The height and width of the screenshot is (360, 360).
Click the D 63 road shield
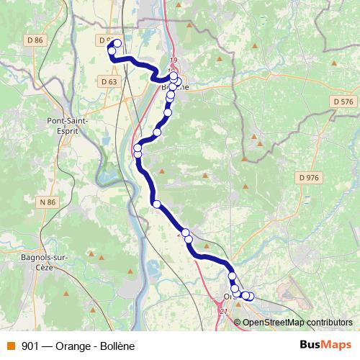[x=109, y=81]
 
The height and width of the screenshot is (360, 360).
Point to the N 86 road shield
[x=48, y=202]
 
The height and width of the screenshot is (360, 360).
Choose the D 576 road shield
[x=344, y=103]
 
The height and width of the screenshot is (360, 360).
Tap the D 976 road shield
[x=307, y=177]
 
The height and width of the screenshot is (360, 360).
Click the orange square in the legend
[x=11, y=346]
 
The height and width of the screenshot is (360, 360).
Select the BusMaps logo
[x=325, y=345]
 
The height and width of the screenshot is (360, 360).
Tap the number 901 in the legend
[x=30, y=346]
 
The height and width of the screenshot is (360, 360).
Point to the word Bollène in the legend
[x=115, y=346]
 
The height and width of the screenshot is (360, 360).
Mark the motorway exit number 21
[x=223, y=311]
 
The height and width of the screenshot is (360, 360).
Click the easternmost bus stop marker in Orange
[x=250, y=296]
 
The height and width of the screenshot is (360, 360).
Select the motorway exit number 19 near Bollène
[x=173, y=60]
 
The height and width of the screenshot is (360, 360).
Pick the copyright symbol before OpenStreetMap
[x=238, y=322]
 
